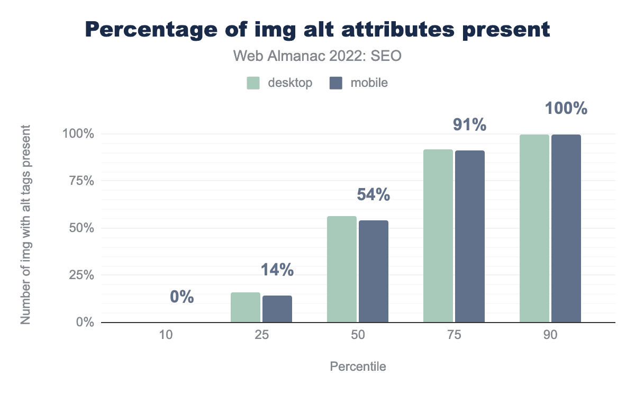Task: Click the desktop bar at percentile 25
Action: (246, 307)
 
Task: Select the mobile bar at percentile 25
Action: (277, 309)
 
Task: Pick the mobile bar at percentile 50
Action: (374, 271)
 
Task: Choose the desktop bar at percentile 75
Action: (438, 236)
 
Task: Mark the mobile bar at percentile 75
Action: (470, 236)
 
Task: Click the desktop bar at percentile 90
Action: (534, 228)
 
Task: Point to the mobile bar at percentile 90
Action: (566, 228)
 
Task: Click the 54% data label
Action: (374, 195)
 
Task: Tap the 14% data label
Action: (277, 270)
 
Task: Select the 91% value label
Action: (469, 125)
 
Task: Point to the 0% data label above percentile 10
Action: (182, 297)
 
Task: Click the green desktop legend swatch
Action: (253, 83)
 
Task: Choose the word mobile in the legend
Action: (369, 83)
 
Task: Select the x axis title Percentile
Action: (358, 367)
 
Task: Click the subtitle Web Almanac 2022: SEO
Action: (317, 56)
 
